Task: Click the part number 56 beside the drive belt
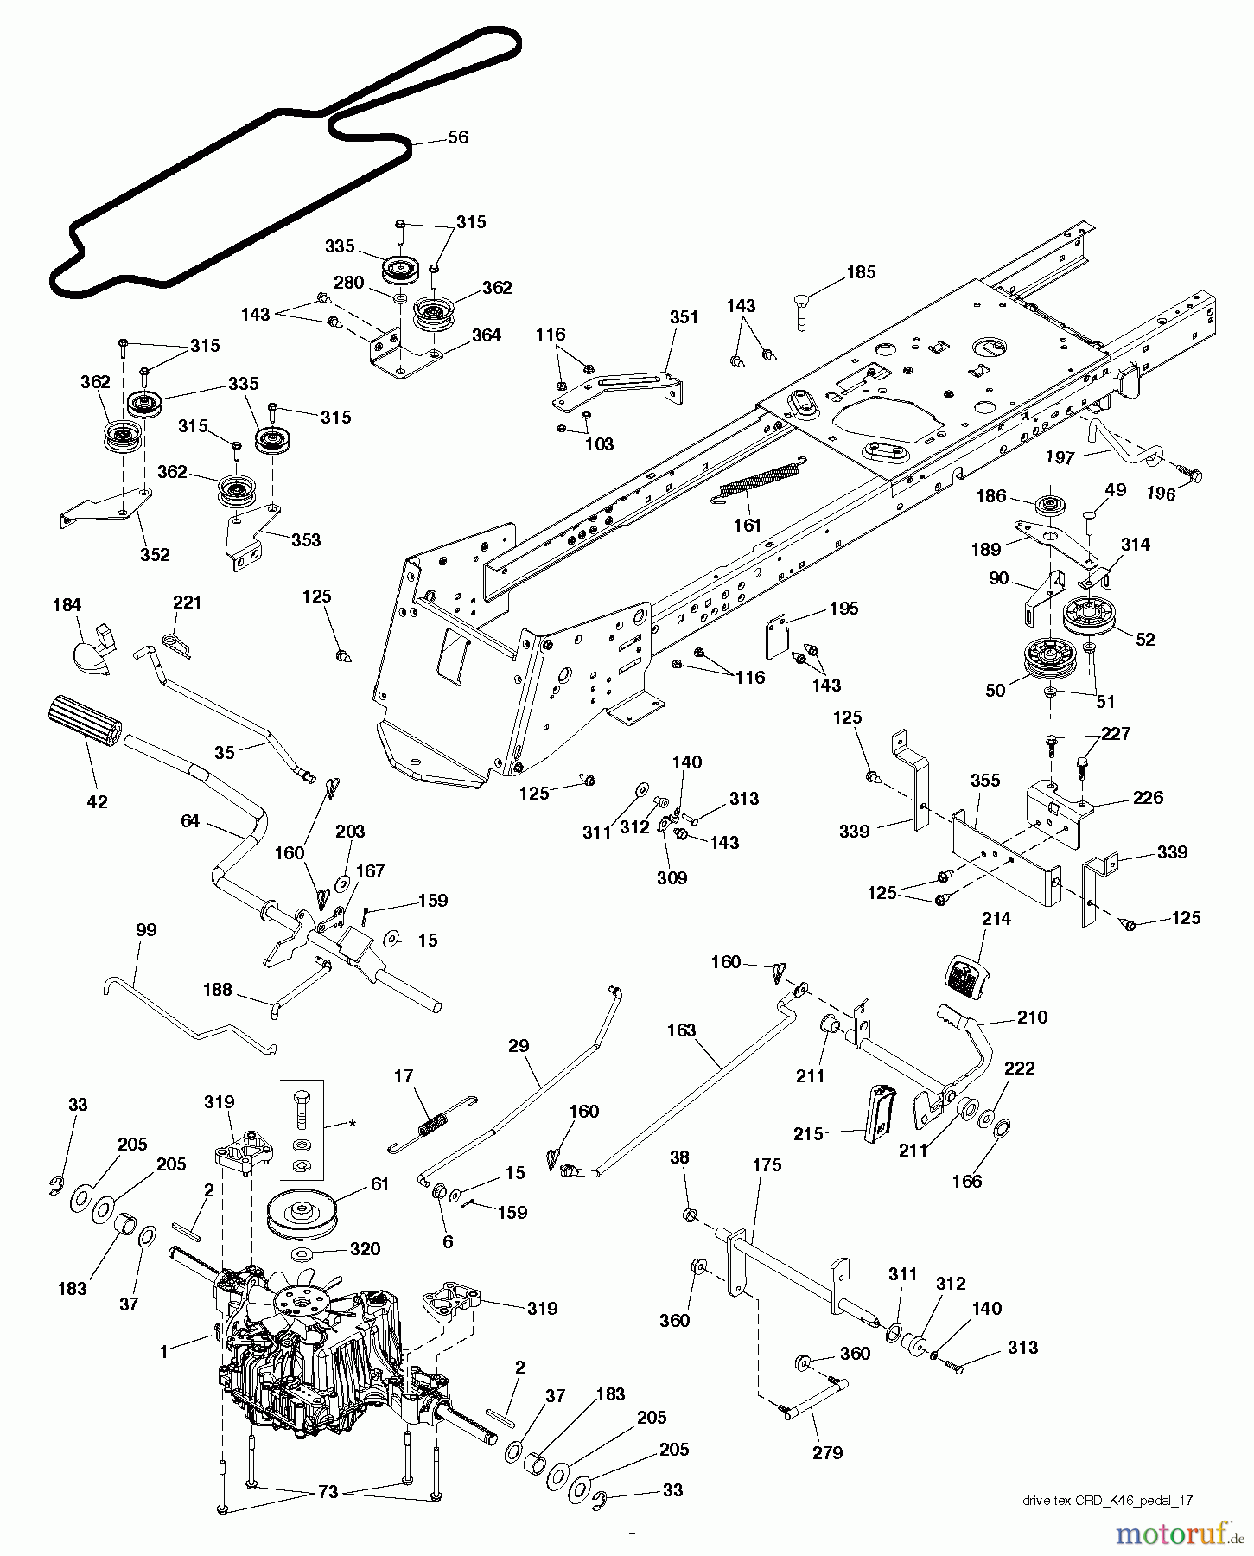pos(458,137)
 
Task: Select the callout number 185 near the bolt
pos(860,272)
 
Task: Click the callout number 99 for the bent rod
pos(147,930)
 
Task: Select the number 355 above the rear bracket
pos(985,781)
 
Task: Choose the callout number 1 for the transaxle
pos(164,1352)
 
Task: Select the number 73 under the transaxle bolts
pos(328,1493)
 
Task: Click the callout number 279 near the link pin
pos(827,1452)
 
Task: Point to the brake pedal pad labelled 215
pos(882,1120)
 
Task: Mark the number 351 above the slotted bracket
pos(684,317)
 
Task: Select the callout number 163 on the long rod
pos(681,1031)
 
